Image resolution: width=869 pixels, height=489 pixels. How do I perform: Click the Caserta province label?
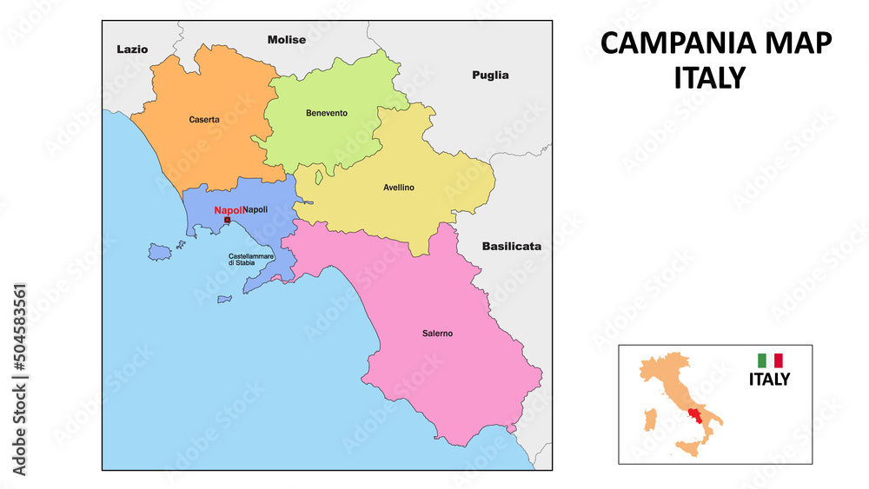(204, 119)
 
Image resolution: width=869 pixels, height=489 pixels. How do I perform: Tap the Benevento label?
(327, 113)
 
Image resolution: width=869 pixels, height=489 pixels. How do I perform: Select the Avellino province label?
(399, 188)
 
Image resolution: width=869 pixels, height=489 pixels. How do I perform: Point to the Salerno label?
(437, 334)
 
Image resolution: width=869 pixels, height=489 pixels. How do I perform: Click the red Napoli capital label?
(228, 210)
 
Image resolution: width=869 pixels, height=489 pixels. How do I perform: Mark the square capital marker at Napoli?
(228, 221)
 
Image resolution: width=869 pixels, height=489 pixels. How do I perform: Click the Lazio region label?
(132, 50)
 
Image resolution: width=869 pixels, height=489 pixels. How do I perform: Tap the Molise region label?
(287, 40)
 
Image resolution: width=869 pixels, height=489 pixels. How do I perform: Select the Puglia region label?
(490, 76)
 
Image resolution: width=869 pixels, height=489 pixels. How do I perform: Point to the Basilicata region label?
(512, 247)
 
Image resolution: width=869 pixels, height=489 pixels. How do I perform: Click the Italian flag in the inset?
(770, 360)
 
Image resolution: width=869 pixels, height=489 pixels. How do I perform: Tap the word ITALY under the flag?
(770, 379)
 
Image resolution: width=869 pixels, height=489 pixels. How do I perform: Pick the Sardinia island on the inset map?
(647, 422)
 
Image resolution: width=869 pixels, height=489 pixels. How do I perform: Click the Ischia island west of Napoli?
(158, 252)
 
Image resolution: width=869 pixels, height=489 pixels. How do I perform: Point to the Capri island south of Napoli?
(224, 300)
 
